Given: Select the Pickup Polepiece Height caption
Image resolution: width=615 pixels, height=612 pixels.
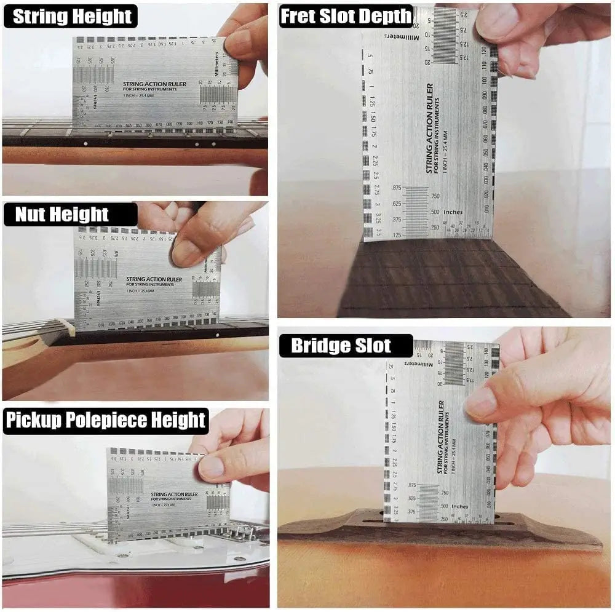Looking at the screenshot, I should tap(106, 421).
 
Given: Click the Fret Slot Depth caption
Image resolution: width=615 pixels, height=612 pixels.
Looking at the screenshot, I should tap(346, 17).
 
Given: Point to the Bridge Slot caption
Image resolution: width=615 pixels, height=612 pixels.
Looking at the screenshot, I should tap(341, 346).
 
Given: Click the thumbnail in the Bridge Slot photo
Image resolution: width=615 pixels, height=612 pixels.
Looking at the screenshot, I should tap(482, 403).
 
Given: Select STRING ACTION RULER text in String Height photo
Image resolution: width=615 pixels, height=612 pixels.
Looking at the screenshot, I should tap(149, 84).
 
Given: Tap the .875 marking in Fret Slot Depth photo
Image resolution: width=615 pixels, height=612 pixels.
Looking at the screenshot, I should tap(396, 188).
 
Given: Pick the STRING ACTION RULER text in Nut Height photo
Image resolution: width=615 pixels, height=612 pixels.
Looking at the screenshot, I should tap(154, 279).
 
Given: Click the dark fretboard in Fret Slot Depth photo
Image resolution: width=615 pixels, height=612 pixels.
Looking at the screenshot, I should tap(443, 283).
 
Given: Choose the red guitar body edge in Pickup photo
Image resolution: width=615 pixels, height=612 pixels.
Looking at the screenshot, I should tap(123, 590).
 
